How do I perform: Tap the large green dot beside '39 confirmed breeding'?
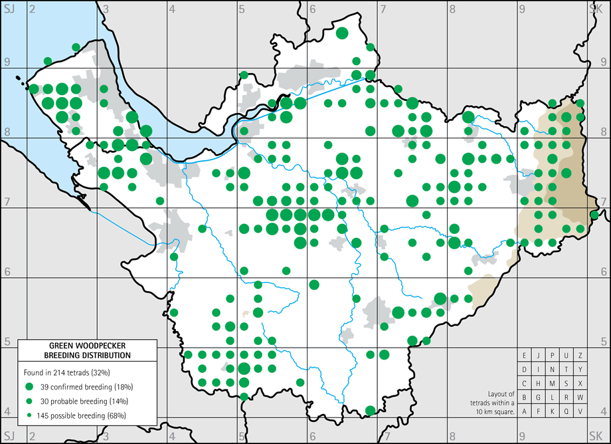point(29,387)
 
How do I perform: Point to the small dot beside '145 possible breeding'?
point(29,415)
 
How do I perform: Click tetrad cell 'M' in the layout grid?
point(552,384)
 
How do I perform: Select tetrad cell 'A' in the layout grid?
point(525,411)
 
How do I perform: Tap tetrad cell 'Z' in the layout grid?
point(580,356)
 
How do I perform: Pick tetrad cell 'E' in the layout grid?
point(525,356)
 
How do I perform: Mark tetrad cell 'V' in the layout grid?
point(580,411)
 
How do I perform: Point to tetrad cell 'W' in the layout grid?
point(580,397)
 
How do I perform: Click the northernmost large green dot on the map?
point(342,33)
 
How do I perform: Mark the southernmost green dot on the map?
point(370,410)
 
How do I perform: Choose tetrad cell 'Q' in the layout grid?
point(566,411)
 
